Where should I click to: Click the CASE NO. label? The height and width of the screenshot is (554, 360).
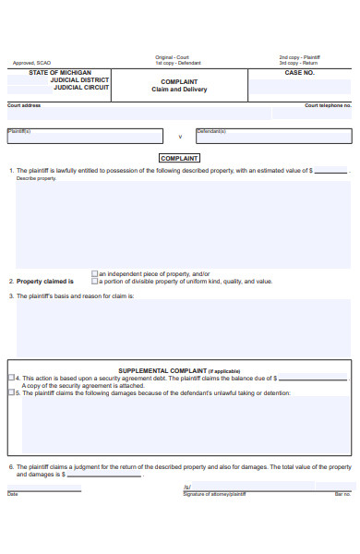click(x=299, y=72)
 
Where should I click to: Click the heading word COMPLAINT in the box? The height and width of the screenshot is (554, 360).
click(x=179, y=158)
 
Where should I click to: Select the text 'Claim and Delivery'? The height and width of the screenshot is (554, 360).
click(x=179, y=90)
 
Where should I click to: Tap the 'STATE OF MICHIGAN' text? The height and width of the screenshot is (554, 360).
click(x=60, y=72)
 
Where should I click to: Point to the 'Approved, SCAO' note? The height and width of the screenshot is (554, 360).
click(x=32, y=63)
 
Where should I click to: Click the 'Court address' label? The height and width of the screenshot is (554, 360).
click(x=24, y=105)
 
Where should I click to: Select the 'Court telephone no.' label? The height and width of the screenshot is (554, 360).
click(x=328, y=105)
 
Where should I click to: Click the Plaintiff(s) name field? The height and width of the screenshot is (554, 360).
click(x=88, y=136)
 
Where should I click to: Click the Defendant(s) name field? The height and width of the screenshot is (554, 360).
click(x=272, y=136)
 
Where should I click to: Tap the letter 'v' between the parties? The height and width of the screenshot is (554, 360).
click(x=180, y=136)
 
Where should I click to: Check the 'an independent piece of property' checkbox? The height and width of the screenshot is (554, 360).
click(x=94, y=273)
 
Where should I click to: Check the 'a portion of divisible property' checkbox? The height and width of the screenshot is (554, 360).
click(x=94, y=281)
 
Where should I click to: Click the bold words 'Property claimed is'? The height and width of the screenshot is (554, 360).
click(x=45, y=282)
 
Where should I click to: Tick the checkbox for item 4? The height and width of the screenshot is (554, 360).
click(x=11, y=378)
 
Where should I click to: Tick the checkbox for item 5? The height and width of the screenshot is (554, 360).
click(x=11, y=392)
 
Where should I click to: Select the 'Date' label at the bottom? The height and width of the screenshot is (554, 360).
click(x=13, y=494)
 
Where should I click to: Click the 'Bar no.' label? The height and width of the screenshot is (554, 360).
click(x=342, y=494)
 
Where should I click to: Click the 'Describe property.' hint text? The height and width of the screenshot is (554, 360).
click(x=37, y=178)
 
